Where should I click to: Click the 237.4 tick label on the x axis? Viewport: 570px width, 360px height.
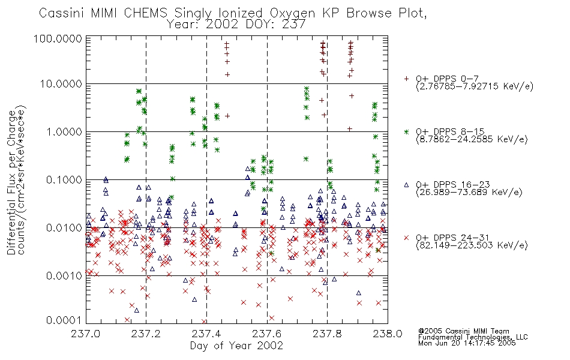point(206,334)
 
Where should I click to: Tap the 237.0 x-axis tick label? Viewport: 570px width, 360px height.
point(85,334)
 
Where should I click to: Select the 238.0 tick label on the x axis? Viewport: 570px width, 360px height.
point(388,334)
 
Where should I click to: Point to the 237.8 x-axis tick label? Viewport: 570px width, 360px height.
point(327,334)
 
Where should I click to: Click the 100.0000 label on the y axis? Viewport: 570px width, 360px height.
point(58,38)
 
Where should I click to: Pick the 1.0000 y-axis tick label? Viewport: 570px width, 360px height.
point(64,131)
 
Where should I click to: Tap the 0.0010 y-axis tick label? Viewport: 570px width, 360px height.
point(64,275)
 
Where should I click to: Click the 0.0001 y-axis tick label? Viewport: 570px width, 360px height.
point(64,320)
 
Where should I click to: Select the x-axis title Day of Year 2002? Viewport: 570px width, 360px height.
point(236,346)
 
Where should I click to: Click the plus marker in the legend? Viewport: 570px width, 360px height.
point(406,79)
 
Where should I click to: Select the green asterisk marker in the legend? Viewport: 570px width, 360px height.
point(406,131)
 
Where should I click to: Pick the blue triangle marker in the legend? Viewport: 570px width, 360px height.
point(406,185)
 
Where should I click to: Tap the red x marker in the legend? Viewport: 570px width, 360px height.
point(406,238)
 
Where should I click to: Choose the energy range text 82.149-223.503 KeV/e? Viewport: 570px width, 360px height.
point(472,245)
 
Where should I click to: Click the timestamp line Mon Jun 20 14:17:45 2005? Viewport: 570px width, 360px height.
point(467,343)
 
